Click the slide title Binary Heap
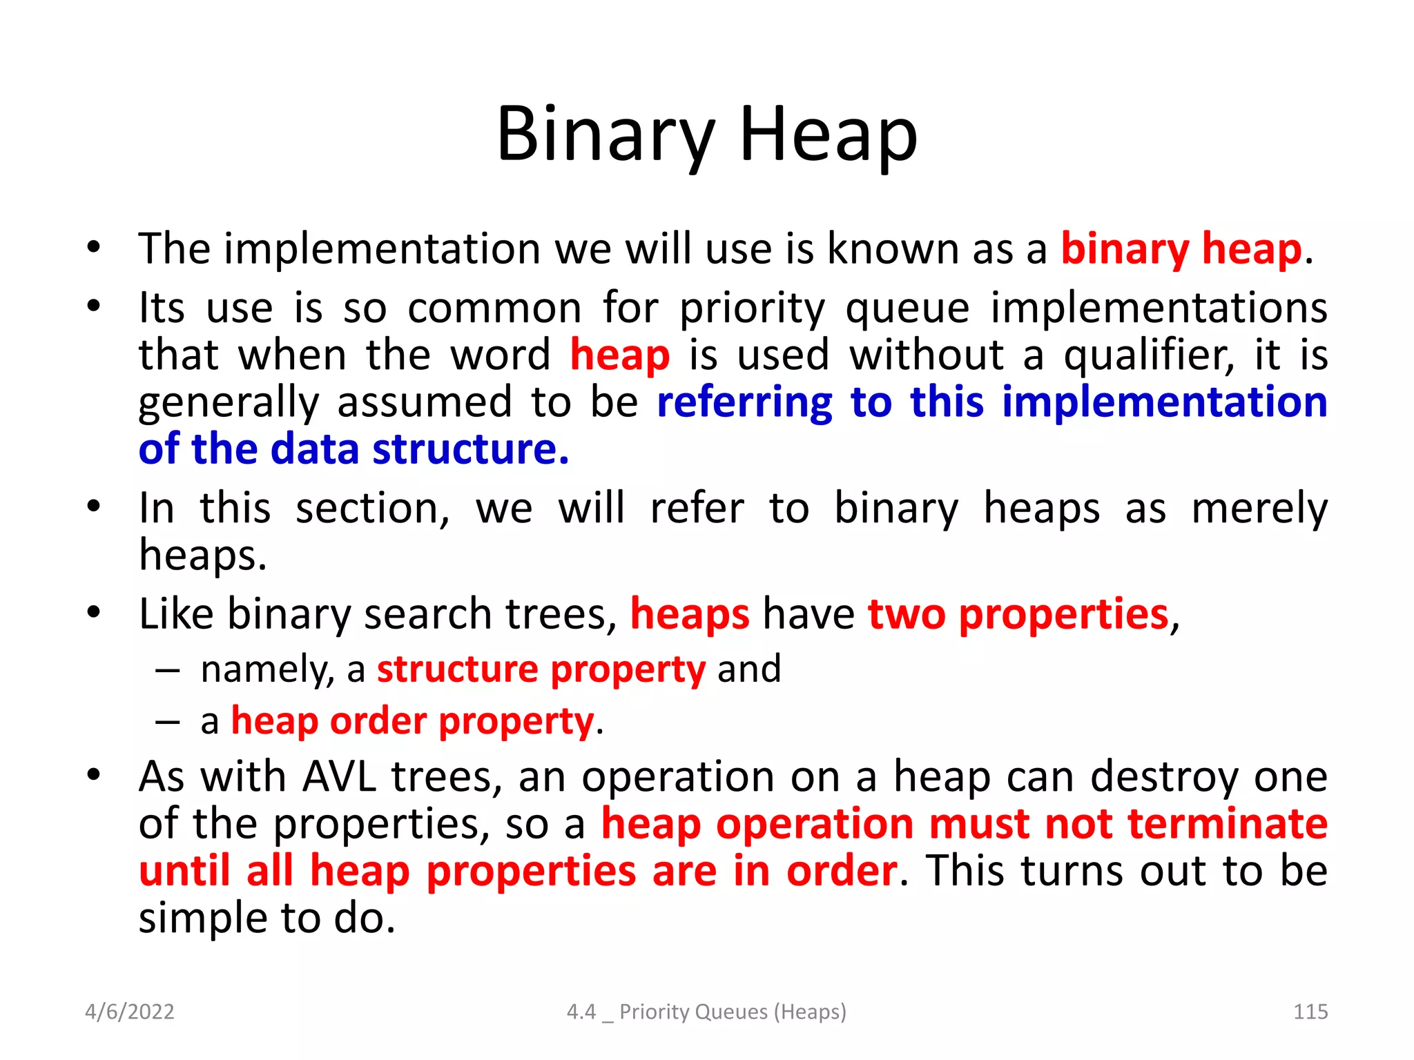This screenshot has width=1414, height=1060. pos(707,135)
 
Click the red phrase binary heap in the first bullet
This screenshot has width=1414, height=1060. pos(1181,249)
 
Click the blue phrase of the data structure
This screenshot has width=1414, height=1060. pos(353,449)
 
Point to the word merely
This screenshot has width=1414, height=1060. pos(1259,509)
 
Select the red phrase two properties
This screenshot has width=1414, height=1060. pos(1018,614)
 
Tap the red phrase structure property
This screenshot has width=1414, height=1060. pos(541,669)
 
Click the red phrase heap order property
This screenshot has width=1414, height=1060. pos(412,722)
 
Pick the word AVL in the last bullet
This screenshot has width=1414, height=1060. pos(339,777)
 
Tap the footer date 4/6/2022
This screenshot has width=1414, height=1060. pos(129,1012)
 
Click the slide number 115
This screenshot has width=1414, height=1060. pos(1310,1012)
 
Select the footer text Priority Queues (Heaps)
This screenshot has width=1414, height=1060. pos(732,1012)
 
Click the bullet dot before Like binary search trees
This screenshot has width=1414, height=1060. pos(94,612)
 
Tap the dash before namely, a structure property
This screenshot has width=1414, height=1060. pos(167,670)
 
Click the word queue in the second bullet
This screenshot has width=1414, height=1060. pos(907,310)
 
